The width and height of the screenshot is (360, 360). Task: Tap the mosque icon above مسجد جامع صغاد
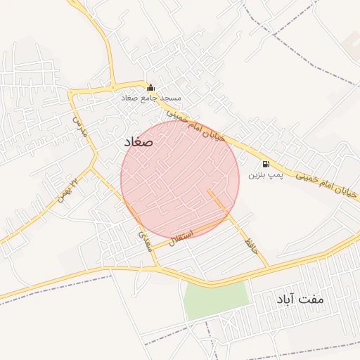(150, 87)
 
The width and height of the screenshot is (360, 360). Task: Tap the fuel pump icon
(265, 161)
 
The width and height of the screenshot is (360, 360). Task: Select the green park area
(216, 300)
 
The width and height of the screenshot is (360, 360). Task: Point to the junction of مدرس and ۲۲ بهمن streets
(94, 166)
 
